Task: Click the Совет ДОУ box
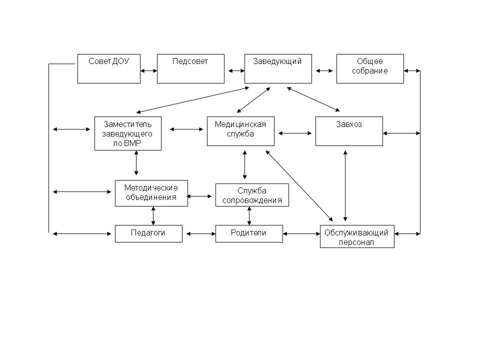(x=109, y=68)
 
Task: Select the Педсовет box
(x=190, y=68)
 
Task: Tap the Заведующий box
(x=278, y=68)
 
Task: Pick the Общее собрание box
(x=370, y=68)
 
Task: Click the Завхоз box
(x=349, y=131)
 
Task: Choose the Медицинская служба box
(x=240, y=131)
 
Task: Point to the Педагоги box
(x=149, y=234)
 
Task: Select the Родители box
(x=249, y=234)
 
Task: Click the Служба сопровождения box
(x=252, y=195)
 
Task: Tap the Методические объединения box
(x=151, y=193)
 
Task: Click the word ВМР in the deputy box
(x=132, y=143)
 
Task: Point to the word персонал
(x=356, y=242)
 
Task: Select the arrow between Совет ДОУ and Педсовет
(x=149, y=70)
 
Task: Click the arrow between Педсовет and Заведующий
(x=236, y=70)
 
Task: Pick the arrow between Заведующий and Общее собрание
(x=324, y=70)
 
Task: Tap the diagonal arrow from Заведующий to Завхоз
(x=313, y=99)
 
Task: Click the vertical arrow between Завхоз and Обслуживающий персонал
(x=345, y=186)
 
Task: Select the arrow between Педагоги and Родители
(x=201, y=234)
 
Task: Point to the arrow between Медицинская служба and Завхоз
(x=295, y=133)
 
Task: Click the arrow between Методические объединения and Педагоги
(x=153, y=216)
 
